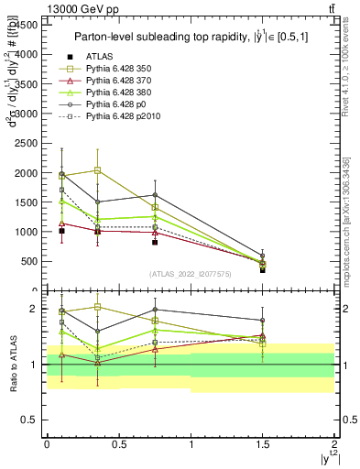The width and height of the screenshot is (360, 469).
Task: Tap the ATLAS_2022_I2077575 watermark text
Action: point(191,274)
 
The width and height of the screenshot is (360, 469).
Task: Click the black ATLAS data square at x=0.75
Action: point(155,242)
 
